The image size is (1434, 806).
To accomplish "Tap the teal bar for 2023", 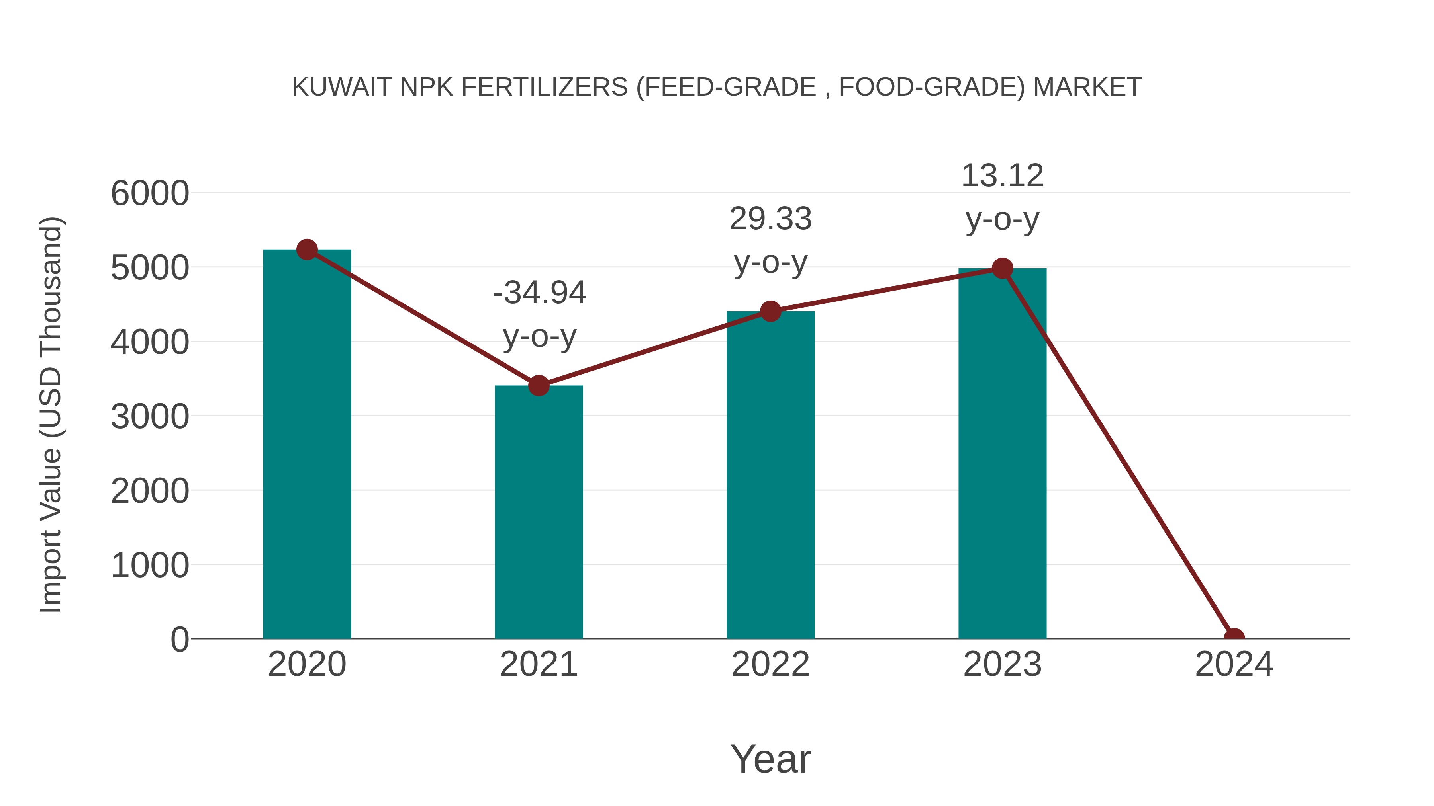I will tap(1002, 453).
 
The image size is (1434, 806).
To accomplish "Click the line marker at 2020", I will tap(307, 250).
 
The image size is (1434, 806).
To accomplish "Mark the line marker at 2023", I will tap(1002, 269).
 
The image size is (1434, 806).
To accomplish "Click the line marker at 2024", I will tap(1234, 638).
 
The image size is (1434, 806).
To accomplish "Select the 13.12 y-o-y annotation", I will tap(1002, 197).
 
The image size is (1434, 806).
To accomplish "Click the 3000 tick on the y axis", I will tap(150, 417).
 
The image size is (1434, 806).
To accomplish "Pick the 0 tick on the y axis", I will tap(179, 639).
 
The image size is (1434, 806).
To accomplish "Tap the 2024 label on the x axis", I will tap(1234, 664).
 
